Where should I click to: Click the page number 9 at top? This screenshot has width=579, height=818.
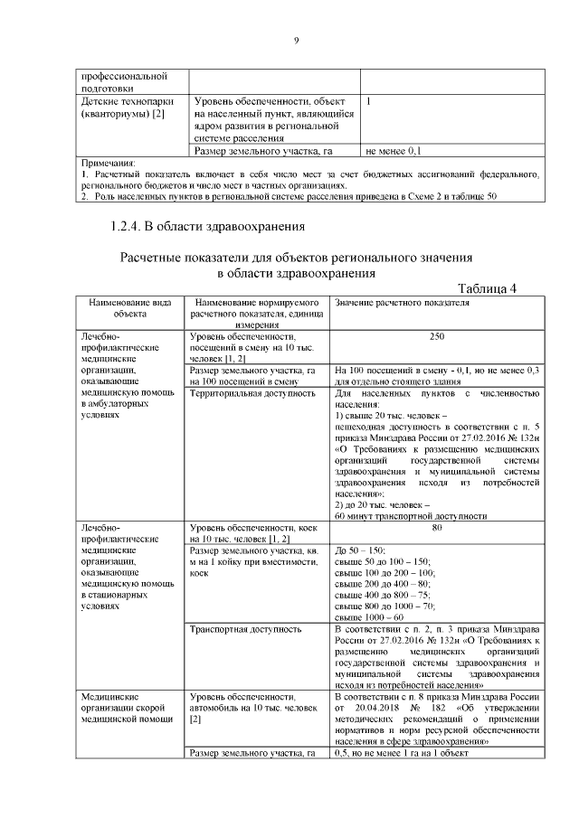pos(296,39)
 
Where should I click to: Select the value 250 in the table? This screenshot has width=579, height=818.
pos(437,335)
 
